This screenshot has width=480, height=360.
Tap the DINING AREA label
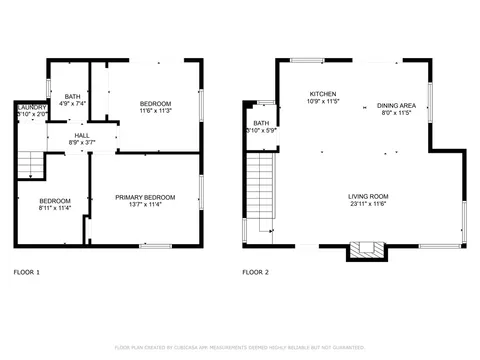(397, 106)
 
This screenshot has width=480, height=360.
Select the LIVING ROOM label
(368, 196)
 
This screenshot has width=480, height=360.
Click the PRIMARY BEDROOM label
(145, 197)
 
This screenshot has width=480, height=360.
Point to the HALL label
(82, 135)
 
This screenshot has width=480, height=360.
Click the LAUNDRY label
(31, 107)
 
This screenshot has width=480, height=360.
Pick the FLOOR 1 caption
(27, 272)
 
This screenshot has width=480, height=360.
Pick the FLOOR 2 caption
(257, 272)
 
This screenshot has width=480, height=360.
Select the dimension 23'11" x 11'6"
(368, 204)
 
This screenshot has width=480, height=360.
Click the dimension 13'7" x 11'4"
(145, 205)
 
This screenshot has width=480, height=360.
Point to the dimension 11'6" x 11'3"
(155, 112)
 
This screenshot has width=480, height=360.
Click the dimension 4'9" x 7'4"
(73, 103)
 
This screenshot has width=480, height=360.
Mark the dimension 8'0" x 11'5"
(397, 114)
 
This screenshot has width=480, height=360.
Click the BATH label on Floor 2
(260, 123)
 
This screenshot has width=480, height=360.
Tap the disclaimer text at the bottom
(239, 347)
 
